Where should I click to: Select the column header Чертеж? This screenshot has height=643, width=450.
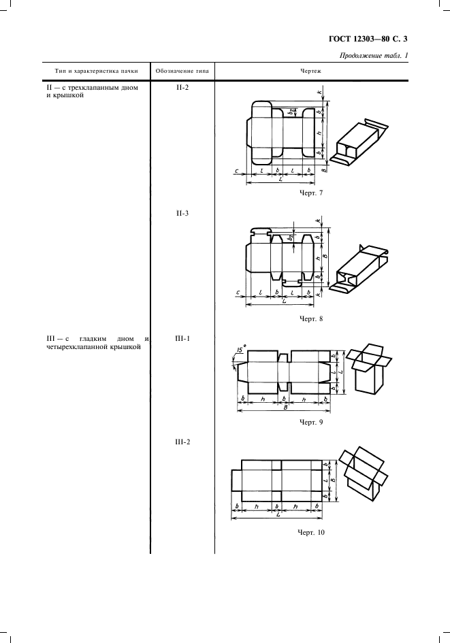[x=311, y=71]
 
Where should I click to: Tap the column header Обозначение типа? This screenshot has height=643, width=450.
[x=182, y=71]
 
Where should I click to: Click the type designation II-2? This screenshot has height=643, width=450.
[x=182, y=87]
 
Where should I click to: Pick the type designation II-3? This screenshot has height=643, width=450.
[x=182, y=213]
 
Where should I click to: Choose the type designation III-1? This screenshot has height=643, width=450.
[x=182, y=339]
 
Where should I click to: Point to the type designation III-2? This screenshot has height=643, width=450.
[x=182, y=442]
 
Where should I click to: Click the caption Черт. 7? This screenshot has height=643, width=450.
[x=311, y=193]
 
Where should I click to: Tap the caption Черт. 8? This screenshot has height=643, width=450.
[x=311, y=318]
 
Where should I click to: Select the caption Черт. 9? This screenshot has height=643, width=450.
[x=311, y=422]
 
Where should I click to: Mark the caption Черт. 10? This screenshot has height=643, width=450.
[x=311, y=532]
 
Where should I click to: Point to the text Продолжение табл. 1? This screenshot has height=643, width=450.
[x=374, y=56]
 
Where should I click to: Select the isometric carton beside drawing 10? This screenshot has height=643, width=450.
[x=364, y=473]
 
